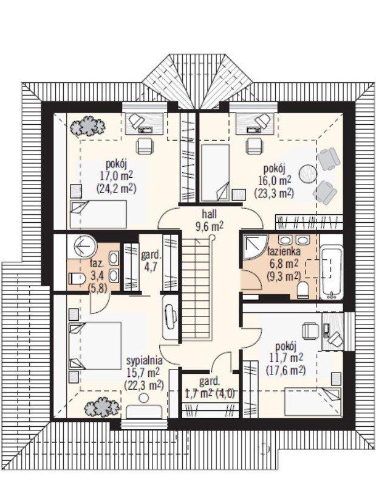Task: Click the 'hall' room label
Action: pos(210,214)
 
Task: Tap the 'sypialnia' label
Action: pos(145,361)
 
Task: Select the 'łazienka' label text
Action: pos(284,252)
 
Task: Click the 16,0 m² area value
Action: pos(275,180)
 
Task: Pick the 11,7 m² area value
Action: pos(286,357)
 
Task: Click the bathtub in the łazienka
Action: pos(331,272)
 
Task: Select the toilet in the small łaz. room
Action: pos(77,279)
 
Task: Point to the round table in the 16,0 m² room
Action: pos(307,174)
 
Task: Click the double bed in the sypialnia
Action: pos(95,346)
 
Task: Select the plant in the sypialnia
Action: pos(102,406)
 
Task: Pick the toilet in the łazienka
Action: pos(303,290)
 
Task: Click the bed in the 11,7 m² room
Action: pos(312,402)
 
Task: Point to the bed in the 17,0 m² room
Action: pos(98,214)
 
